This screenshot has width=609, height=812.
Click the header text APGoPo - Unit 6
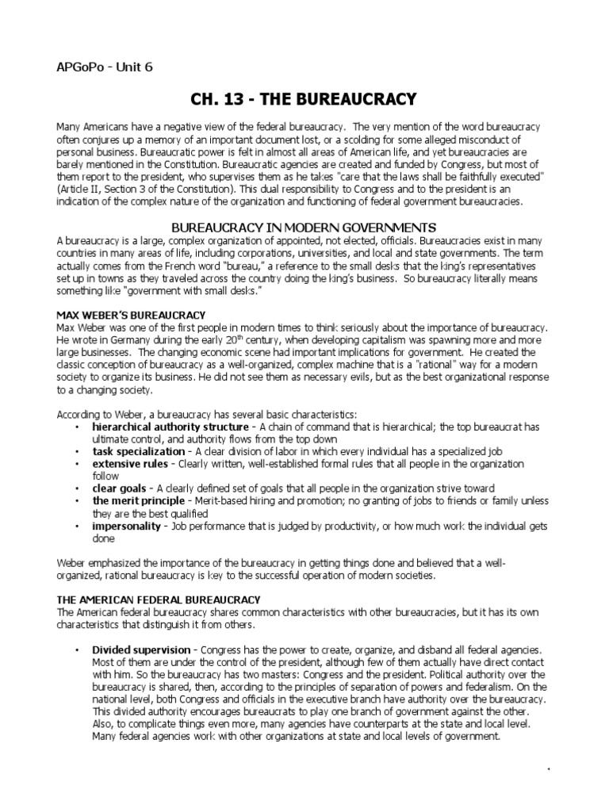click(104, 67)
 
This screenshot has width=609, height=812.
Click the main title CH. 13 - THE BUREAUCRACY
click(304, 99)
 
